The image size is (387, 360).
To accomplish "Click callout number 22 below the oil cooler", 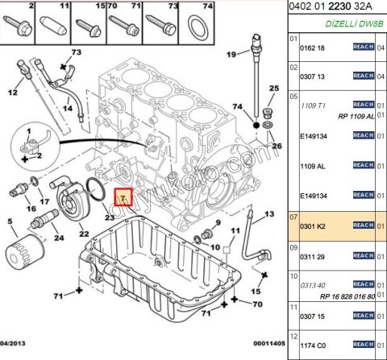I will click(x=83, y=233).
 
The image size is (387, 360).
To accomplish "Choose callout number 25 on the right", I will click(x=273, y=89).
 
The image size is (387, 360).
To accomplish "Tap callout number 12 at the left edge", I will click(x=13, y=93).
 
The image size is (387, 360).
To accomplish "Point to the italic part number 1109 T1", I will click(x=312, y=106).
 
